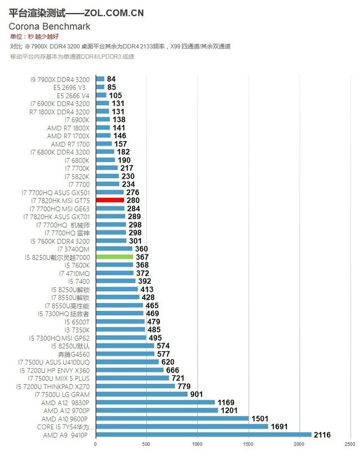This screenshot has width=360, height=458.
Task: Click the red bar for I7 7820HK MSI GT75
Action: [x=110, y=200]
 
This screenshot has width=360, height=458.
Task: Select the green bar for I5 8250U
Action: [x=114, y=257]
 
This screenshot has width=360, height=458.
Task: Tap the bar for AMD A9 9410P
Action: [x=203, y=434]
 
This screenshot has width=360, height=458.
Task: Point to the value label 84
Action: [x=111, y=79]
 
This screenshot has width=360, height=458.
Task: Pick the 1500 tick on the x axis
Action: [x=248, y=445]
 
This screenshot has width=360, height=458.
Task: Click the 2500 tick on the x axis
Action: [x=349, y=445]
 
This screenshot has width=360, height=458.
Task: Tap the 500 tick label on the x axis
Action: [x=146, y=445]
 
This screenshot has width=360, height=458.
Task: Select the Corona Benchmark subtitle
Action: [x=49, y=26]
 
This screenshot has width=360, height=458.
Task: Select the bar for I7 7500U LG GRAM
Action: [x=141, y=394]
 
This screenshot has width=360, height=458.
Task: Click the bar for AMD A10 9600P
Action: [x=172, y=419]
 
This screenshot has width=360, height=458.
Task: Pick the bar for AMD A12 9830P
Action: [x=155, y=402]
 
